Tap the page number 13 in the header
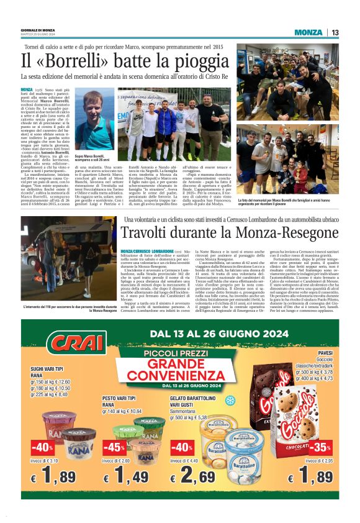[335, 32]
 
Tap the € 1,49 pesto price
[125, 478]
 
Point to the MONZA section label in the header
[308, 32]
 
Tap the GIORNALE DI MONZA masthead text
[38, 30]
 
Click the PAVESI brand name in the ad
[325, 352]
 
